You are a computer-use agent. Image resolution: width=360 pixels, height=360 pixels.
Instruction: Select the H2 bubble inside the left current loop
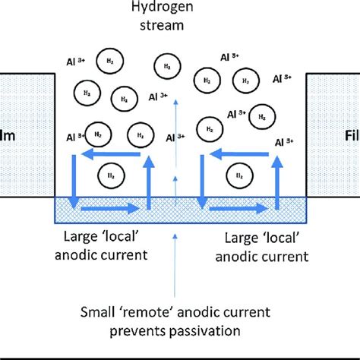[112, 176]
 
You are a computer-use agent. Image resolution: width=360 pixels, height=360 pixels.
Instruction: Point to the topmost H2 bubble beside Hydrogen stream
[164, 66]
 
